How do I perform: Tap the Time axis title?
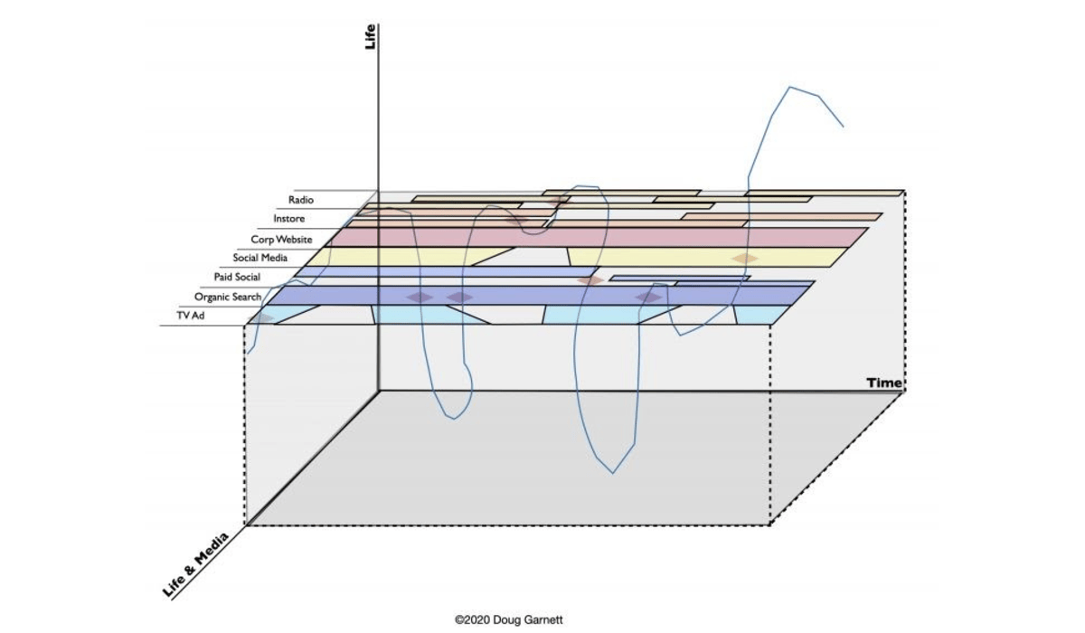click(884, 383)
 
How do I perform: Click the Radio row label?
click(301, 200)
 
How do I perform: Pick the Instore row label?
click(288, 219)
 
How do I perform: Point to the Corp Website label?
click(281, 239)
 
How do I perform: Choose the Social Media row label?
click(259, 258)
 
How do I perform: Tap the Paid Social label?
click(237, 277)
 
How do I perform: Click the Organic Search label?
click(227, 297)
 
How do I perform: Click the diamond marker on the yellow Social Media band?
click(744, 259)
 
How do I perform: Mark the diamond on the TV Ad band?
click(262, 317)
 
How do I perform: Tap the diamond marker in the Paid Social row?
click(590, 280)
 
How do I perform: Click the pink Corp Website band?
click(633, 237)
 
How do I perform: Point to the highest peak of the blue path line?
click(791, 88)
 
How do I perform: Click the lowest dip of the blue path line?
click(612, 472)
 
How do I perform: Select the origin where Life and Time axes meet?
click(381, 391)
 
